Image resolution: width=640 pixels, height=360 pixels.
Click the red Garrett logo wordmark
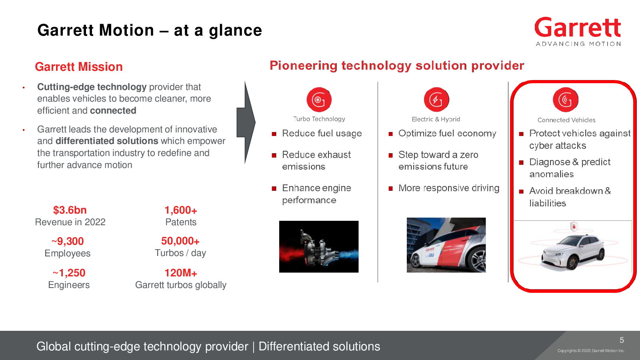click(x=578, y=28)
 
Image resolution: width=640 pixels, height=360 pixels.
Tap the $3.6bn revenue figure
click(x=70, y=210)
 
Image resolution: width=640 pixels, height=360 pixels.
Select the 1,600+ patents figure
click(x=181, y=210)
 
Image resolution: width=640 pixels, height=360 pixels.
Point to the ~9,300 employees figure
click(x=68, y=242)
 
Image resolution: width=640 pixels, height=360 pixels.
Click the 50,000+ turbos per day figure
click(x=180, y=241)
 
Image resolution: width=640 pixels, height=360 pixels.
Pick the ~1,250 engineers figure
click(x=69, y=273)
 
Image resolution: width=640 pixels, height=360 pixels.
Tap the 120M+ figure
click(x=181, y=273)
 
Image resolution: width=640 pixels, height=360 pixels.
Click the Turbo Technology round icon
click(x=319, y=100)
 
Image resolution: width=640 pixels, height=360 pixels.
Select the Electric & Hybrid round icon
click(x=436, y=100)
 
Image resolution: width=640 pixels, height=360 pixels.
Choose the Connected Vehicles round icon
click(x=566, y=100)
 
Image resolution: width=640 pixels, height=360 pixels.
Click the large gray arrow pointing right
click(x=246, y=122)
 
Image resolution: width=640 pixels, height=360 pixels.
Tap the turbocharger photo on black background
click(x=319, y=246)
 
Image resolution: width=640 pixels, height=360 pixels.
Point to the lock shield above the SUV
click(x=574, y=226)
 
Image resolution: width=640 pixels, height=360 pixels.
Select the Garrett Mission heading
click(x=79, y=67)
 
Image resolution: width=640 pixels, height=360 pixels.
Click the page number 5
click(x=622, y=340)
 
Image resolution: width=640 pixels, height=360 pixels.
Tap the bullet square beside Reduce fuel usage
click(x=274, y=134)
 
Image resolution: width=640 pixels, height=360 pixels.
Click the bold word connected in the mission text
click(x=113, y=110)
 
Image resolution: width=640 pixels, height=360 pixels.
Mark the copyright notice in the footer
click(x=591, y=350)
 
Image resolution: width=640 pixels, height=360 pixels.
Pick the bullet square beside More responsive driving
click(x=390, y=188)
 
